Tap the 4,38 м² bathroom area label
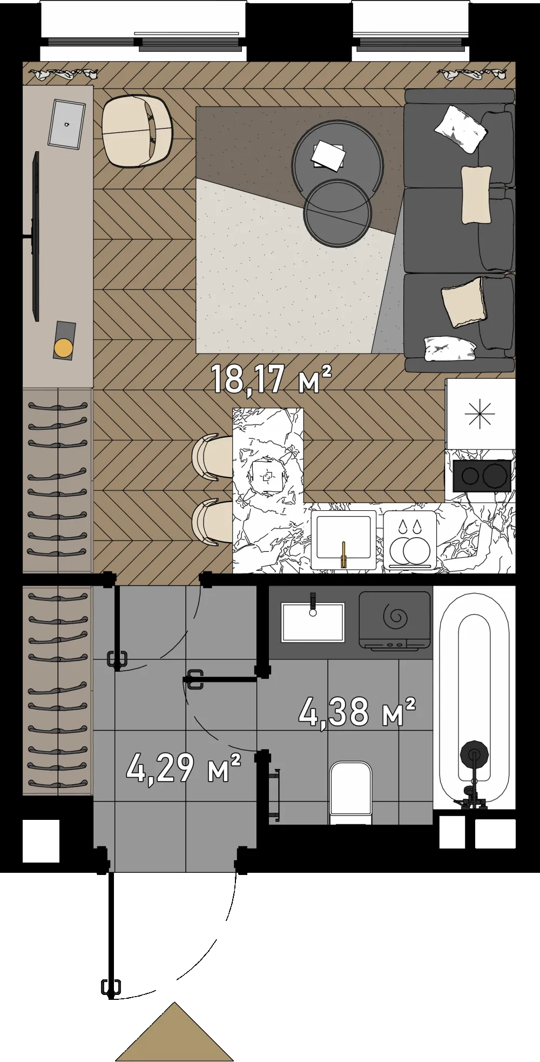357,711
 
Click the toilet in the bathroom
351,793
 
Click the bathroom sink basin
313,622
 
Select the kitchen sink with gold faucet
343,539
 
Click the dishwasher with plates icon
410,539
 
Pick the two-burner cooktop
482,476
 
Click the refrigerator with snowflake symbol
480,413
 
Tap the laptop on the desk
66,124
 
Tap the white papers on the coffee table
328,156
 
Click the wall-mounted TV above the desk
36,236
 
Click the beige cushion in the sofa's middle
476,195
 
